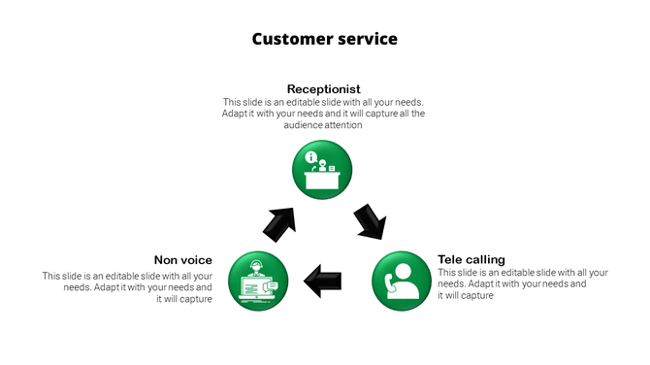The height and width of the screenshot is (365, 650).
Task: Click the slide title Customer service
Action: (324, 39)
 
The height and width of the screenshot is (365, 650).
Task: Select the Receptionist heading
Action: (323, 89)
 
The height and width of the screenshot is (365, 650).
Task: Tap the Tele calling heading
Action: (471, 259)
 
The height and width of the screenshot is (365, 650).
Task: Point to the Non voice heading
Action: (183, 259)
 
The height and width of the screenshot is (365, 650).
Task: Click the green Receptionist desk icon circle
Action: (323, 170)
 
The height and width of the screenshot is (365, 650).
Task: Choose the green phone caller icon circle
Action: (402, 282)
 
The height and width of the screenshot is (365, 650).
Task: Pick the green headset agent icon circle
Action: (257, 282)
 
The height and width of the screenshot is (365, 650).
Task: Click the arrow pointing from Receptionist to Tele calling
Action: (370, 221)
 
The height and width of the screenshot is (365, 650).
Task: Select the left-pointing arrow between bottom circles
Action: (323, 282)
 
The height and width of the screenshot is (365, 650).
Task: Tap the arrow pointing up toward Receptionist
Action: (279, 223)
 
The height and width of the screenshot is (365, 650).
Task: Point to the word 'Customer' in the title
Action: (285, 39)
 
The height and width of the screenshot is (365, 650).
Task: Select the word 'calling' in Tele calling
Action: (485, 259)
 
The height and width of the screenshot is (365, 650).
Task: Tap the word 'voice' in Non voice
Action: (196, 259)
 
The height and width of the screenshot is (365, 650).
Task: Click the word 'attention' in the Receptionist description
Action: (345, 125)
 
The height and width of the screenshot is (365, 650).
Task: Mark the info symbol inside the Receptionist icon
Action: (310, 157)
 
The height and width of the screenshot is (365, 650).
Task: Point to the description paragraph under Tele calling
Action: (522, 284)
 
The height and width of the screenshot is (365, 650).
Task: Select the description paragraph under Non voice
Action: (128, 288)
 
